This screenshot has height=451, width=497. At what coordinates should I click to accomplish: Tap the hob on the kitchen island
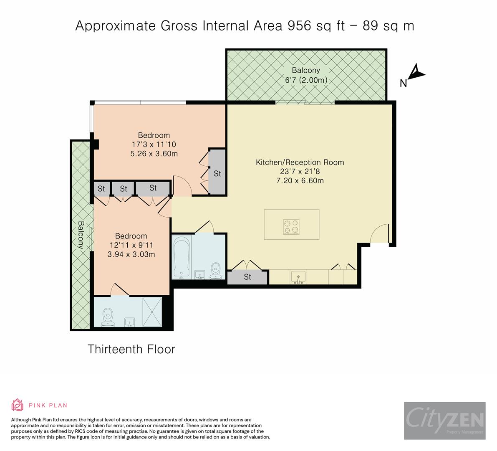coord(291,226)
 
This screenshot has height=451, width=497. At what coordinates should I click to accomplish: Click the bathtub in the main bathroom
coord(182,257)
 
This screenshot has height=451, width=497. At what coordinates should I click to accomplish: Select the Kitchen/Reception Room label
coord(300,162)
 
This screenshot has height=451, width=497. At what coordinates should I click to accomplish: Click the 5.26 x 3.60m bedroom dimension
coord(154,154)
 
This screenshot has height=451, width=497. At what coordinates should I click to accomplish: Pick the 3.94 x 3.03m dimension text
coord(131,254)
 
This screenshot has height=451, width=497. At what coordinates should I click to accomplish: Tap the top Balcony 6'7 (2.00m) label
coord(306,76)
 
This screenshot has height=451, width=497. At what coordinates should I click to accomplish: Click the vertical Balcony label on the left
coord(81,235)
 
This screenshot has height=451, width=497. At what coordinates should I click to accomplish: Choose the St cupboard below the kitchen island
coord(247,277)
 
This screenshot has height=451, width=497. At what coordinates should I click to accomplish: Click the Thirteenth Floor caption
coord(131,349)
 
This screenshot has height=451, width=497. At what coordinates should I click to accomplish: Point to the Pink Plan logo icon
coord(18,405)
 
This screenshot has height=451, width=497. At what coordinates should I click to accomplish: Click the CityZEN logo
coord(444,420)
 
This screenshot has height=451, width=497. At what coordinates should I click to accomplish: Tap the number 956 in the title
coord(297,26)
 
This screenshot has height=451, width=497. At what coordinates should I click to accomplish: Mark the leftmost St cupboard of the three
coord(101,189)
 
